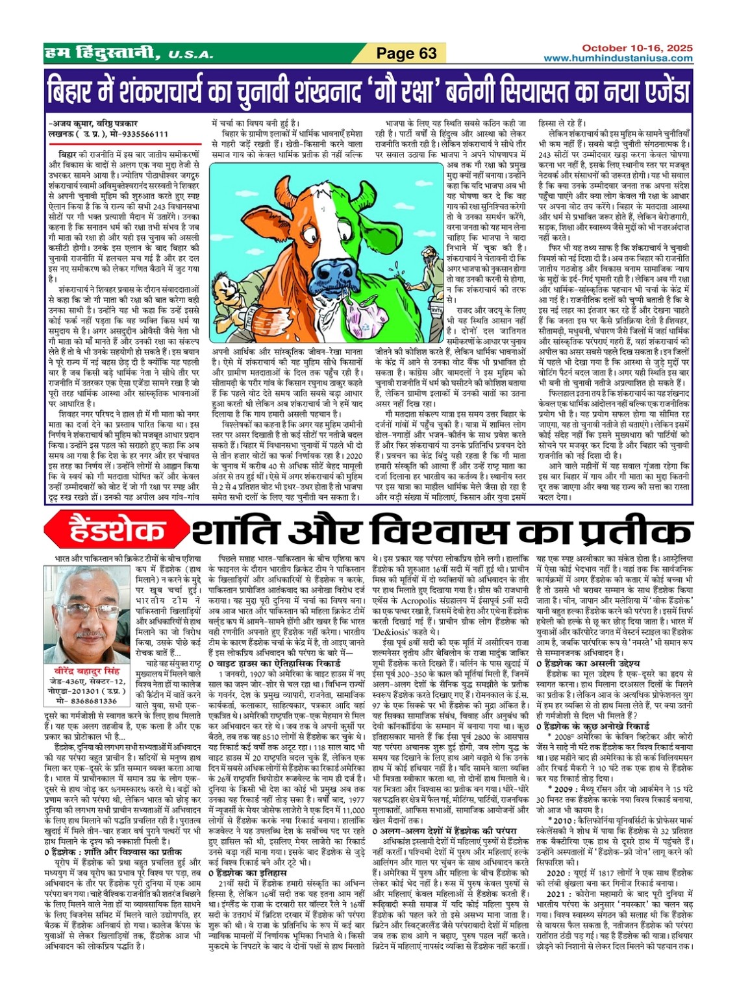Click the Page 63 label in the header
pyautogui.click(x=406, y=53)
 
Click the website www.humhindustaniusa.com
pyautogui.click(x=618, y=58)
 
